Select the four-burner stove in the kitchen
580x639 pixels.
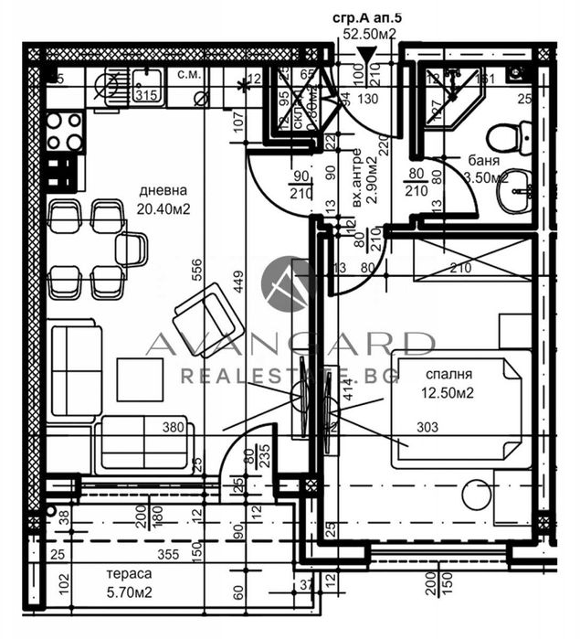point(64,131)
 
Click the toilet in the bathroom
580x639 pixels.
point(505,137)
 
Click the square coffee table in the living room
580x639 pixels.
point(140,379)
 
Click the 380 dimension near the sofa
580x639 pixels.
point(174,426)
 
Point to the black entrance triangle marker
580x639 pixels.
point(367,56)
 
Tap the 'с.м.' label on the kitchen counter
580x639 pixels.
point(188,74)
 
